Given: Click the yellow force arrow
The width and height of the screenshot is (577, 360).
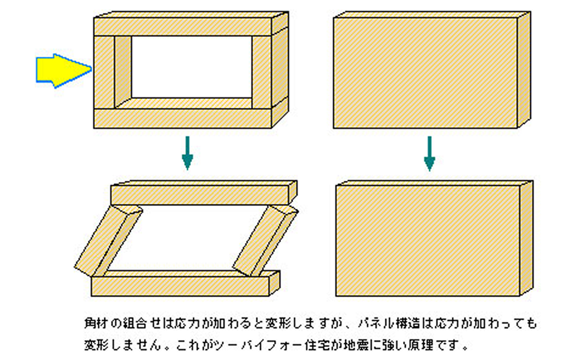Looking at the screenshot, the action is coord(63,71).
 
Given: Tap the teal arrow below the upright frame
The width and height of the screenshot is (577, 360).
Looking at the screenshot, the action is coord(187,153).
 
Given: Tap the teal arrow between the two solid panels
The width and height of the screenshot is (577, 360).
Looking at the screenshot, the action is coord(429,154).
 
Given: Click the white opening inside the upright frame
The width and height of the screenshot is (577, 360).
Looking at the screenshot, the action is coord(192,67).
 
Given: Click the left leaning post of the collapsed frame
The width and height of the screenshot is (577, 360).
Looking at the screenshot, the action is coord(108,241).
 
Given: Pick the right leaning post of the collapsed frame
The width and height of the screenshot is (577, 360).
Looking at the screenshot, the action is coord(265,241).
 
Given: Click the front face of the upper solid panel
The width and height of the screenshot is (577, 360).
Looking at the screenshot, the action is coord(425,73).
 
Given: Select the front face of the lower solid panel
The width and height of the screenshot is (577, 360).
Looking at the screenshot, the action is coord(428,240).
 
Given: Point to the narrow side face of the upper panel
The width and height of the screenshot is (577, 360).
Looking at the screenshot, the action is coord(524,69).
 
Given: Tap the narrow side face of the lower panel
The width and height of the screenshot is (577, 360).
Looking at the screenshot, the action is coord(527,238).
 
